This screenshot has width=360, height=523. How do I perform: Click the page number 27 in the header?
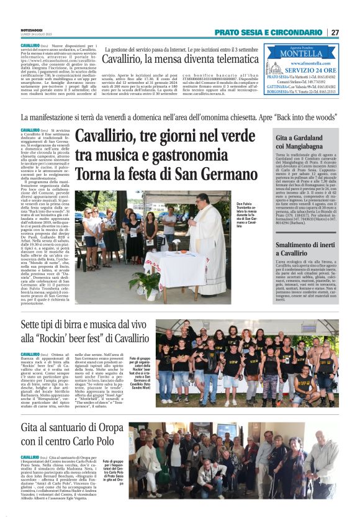coord(335,32)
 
